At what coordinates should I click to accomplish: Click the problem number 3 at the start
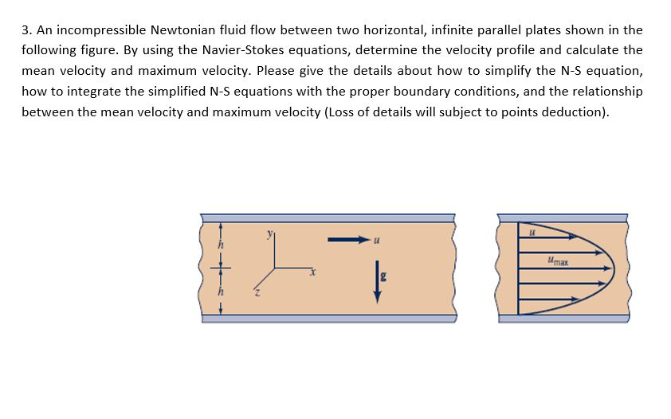26,30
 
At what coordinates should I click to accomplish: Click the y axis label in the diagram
269,233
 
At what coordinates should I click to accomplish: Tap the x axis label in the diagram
314,272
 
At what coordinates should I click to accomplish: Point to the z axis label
256,295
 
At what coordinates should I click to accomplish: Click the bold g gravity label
383,275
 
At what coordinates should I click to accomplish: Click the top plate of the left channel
328,217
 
